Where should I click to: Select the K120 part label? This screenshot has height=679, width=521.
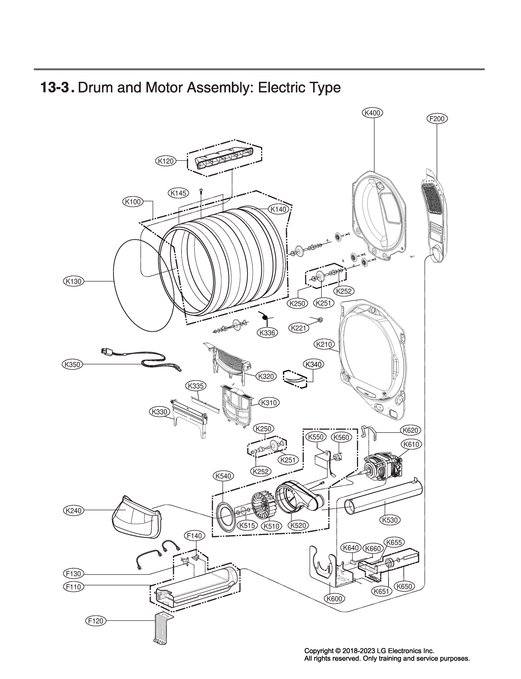(x=165, y=161)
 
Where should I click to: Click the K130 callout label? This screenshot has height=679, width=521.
(x=73, y=282)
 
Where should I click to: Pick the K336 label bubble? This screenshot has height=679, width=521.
(x=267, y=333)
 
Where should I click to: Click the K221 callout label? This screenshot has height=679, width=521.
(x=299, y=328)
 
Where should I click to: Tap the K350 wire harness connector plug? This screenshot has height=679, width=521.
(x=106, y=352)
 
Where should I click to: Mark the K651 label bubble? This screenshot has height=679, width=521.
(x=381, y=591)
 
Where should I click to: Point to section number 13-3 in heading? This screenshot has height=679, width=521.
(x=54, y=88)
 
